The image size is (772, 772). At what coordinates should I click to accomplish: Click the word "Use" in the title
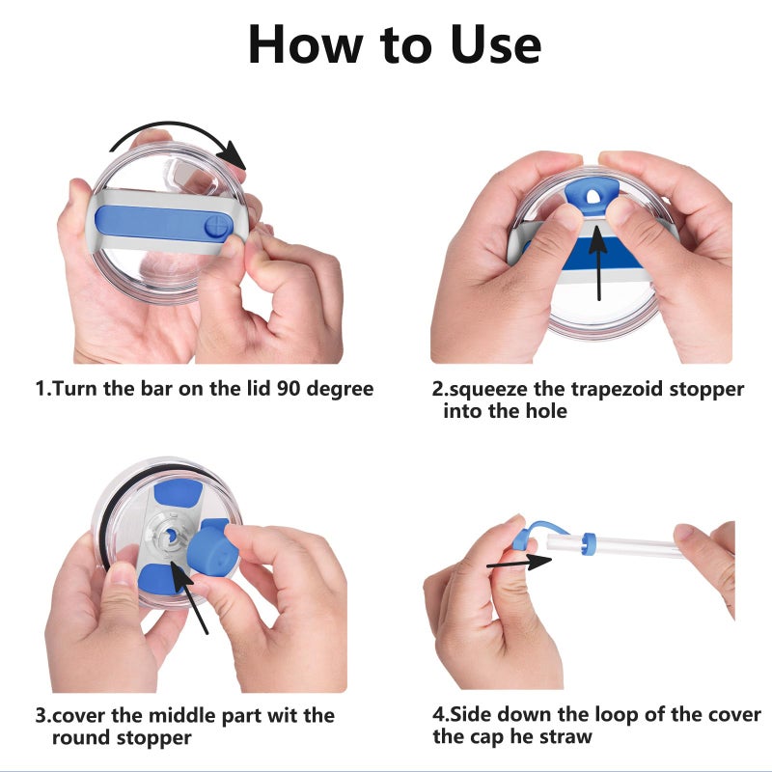[x=495, y=45]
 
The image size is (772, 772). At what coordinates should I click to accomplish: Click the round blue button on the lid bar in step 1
[x=218, y=227]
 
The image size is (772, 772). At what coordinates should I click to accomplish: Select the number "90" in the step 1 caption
[x=288, y=389]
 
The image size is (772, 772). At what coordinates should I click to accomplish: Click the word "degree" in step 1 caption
[x=341, y=390]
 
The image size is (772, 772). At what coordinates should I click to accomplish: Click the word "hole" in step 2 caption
[x=546, y=411]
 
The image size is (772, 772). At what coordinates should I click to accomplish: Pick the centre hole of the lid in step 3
[x=170, y=537]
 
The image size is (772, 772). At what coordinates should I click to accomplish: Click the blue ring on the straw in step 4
[x=589, y=543]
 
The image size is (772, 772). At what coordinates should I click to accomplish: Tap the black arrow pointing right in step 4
[x=519, y=563]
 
